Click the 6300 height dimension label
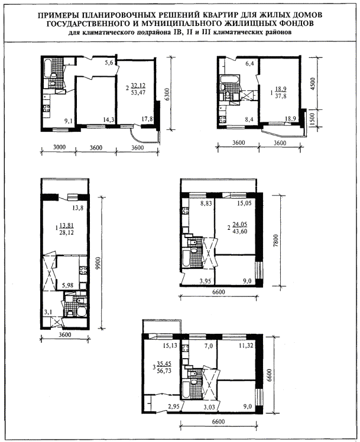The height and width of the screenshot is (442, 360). [x=167, y=96]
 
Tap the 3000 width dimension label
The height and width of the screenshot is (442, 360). [x=59, y=147]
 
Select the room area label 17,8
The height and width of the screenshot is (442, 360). [x=147, y=119]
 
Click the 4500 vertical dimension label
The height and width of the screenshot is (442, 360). [x=314, y=83]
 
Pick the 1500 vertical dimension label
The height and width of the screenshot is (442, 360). [x=312, y=120]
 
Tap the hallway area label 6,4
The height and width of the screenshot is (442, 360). [x=249, y=64]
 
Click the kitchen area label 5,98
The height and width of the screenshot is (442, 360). [x=67, y=285]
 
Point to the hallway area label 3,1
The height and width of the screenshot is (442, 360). [x=48, y=312]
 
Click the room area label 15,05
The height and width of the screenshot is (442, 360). [x=244, y=203]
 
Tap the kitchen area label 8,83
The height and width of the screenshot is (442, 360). [x=206, y=203]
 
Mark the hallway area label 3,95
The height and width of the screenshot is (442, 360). [x=205, y=281]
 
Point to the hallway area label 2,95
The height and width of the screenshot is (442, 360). [x=174, y=407]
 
